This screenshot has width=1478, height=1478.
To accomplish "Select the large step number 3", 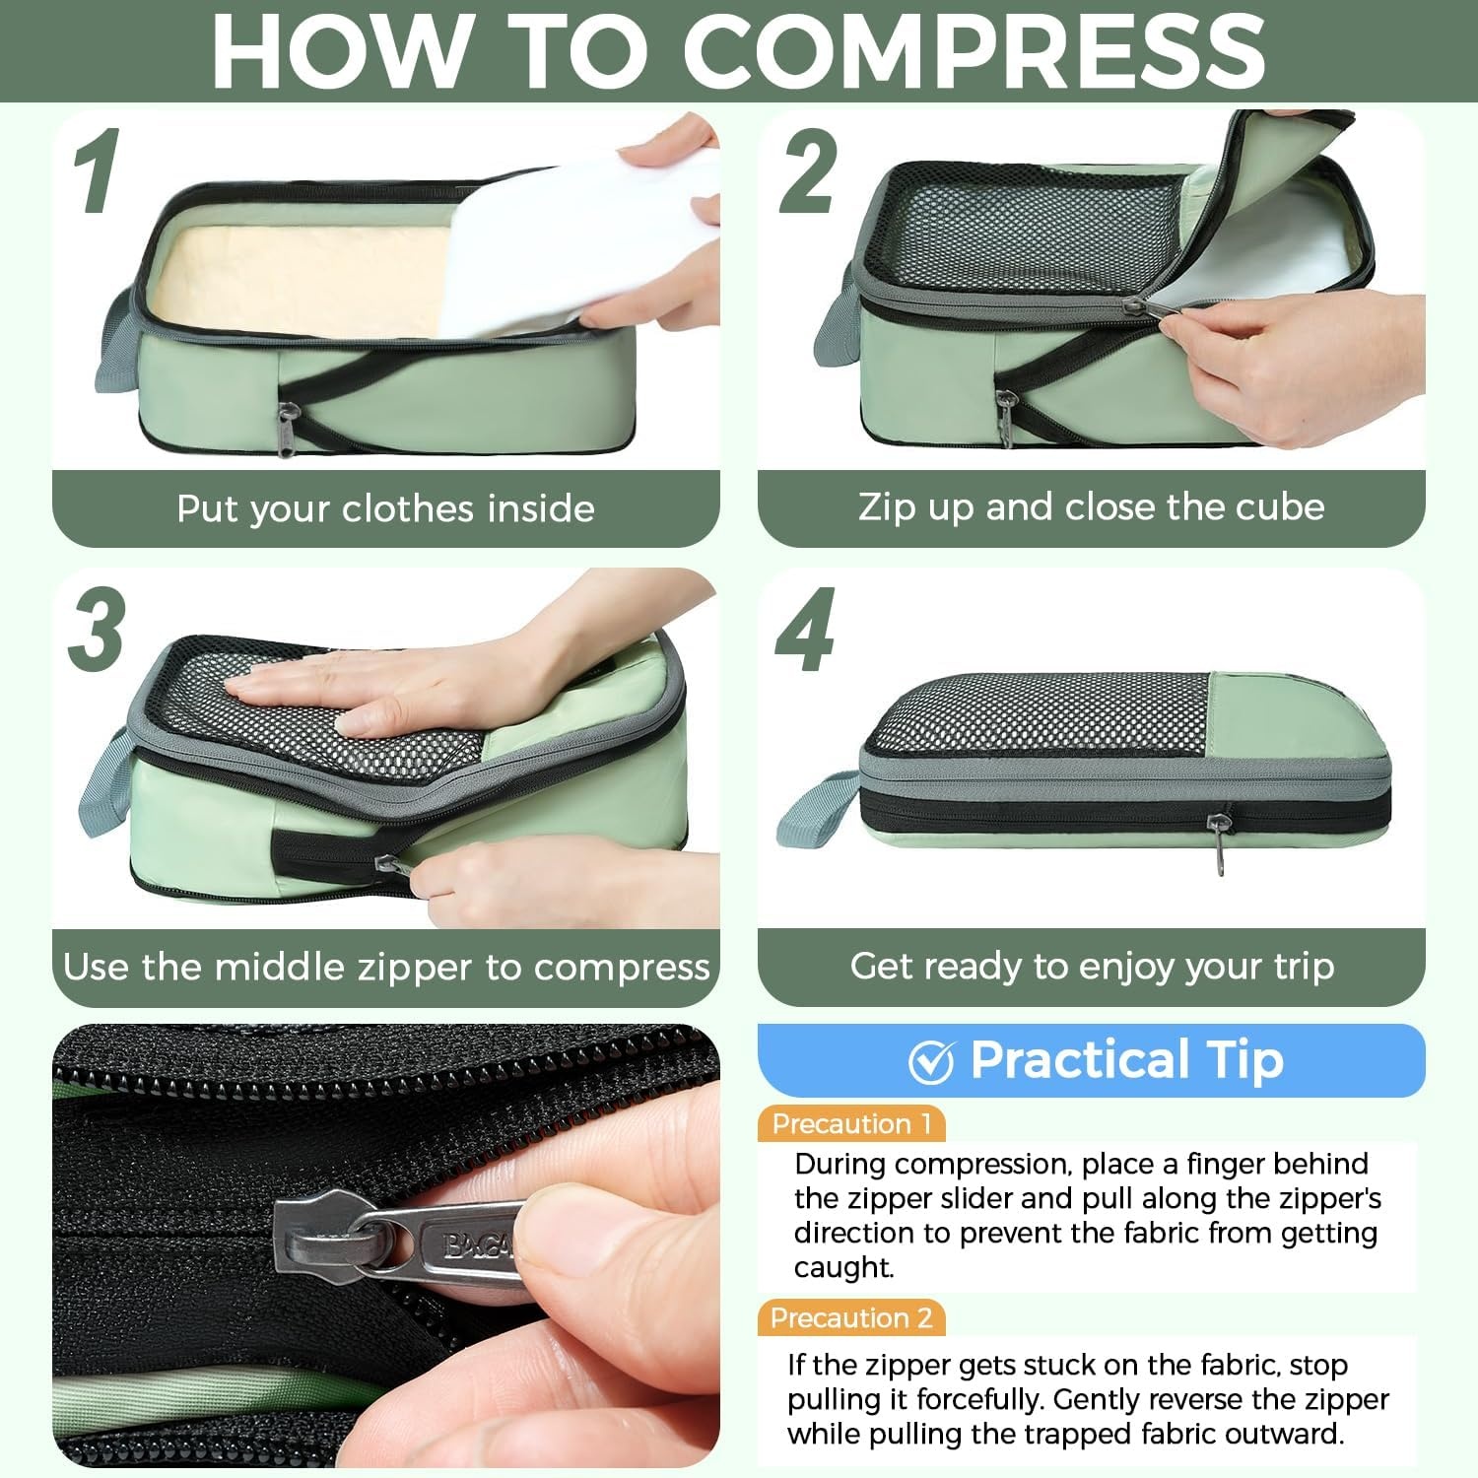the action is tap(97, 630).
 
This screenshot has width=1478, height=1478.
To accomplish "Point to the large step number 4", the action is tap(805, 630).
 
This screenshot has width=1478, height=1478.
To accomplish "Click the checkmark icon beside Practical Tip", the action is tap(931, 1061).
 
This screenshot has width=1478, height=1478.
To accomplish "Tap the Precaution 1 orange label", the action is tap(851, 1124).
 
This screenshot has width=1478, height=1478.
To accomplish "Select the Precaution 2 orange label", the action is tap(851, 1318).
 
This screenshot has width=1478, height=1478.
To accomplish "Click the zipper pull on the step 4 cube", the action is tap(1222, 840).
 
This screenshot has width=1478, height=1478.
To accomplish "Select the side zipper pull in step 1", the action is tap(286, 428).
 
